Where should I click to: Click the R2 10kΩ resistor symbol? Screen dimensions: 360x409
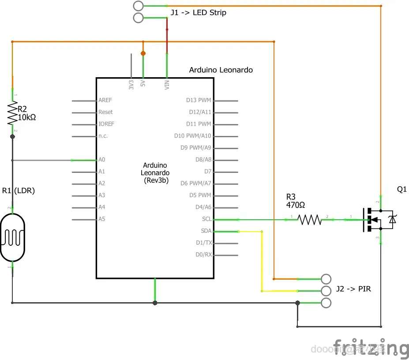point(12,114)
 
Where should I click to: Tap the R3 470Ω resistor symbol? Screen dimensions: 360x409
point(310,219)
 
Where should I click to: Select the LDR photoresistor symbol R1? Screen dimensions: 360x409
point(12,237)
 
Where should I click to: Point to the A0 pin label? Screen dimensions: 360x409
point(102,160)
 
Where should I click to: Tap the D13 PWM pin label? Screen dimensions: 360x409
point(199,100)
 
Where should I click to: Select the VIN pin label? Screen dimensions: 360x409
point(167,85)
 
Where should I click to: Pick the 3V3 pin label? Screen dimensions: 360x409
point(131,85)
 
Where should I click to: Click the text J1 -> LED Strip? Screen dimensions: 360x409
point(198,13)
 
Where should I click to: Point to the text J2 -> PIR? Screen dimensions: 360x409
point(353,289)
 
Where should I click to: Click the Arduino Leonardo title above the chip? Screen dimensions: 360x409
point(221,70)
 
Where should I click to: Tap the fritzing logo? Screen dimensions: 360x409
point(371,347)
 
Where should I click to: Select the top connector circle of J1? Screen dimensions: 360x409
point(138,6)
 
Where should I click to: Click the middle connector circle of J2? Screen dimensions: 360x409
point(326,290)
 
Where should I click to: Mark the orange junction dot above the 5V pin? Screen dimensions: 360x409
point(143,53)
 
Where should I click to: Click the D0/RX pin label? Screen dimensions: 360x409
point(203,255)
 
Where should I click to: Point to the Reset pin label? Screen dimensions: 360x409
point(105,112)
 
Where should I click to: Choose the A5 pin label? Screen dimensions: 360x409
point(102,219)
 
